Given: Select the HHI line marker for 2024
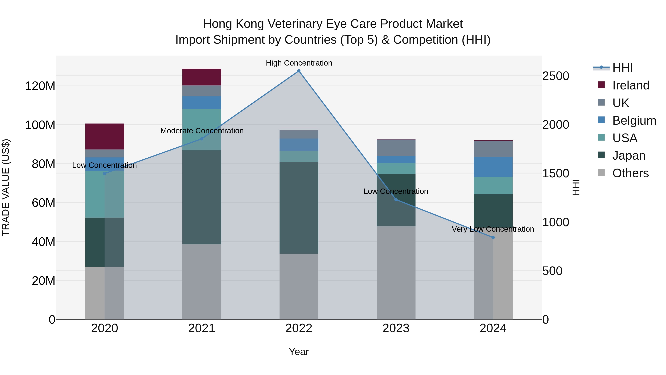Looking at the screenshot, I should tap(493, 237).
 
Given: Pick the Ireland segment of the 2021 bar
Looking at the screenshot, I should tap(202, 77).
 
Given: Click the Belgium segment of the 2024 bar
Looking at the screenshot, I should tap(493, 167).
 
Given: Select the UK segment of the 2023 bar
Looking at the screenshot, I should tap(396, 148).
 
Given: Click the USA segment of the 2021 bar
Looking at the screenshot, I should tap(202, 129).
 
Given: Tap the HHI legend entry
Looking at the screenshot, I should tap(622, 68).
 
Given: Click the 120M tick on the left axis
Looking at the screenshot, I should tap(40, 86).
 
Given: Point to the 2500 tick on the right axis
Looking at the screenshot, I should tap(555, 76).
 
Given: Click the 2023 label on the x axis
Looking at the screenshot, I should tap(396, 328).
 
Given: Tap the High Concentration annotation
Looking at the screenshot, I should tap(299, 63).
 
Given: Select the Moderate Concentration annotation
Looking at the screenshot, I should tap(202, 131).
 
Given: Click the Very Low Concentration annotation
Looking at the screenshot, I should tap(493, 229).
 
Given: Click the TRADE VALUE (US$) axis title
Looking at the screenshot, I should tap(6, 187).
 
